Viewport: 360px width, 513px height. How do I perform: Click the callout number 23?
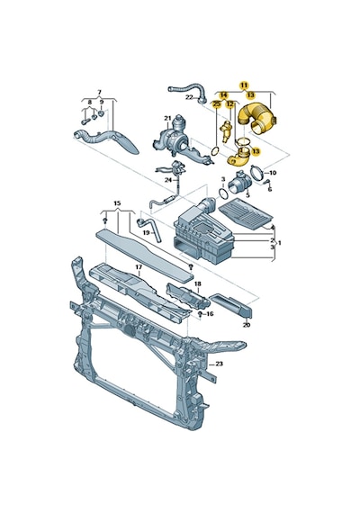click(219, 364)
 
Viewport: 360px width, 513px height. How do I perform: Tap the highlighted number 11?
click(244, 85)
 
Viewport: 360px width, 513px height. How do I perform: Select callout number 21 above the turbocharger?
click(168, 118)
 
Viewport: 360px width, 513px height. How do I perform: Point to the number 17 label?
click(139, 267)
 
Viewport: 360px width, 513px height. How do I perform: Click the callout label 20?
click(247, 325)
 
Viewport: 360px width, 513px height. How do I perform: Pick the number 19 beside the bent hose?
click(146, 232)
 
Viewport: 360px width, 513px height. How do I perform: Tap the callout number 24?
click(168, 180)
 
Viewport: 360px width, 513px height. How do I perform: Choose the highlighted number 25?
click(216, 104)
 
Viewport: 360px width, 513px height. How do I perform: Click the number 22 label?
click(190, 97)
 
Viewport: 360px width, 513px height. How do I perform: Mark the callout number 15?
click(117, 203)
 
